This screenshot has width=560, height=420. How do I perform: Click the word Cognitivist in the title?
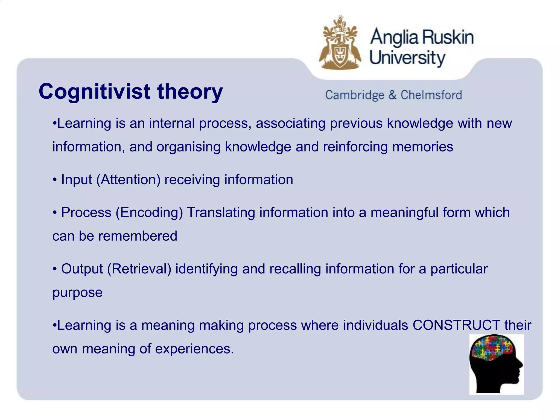tap(94, 92)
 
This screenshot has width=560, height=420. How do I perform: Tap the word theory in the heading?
tap(190, 92)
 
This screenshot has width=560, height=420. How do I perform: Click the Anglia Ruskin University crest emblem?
tap(340, 44)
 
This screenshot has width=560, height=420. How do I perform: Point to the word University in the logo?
tap(407, 58)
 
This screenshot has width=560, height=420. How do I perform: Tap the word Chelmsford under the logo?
tap(431, 95)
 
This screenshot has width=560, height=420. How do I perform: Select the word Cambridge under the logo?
tap(355, 95)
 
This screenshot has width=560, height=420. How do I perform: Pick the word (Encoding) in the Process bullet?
tap(149, 213)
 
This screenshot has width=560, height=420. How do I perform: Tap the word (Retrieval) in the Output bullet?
tap(139, 269)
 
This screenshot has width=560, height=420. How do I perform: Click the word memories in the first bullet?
tap(423, 147)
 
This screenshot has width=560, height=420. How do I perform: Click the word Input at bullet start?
tap(77, 180)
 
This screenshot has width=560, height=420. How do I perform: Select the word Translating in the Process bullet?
tap(221, 213)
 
